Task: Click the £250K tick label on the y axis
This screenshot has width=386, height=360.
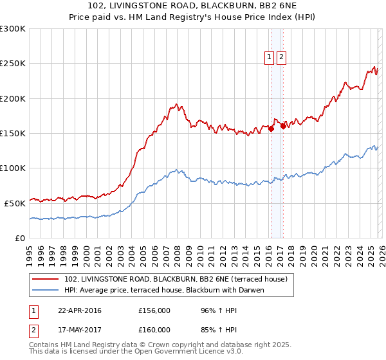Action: coord(13,64)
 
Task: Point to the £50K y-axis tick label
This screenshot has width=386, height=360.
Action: coord(15,203)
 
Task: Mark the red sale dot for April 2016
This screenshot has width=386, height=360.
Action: coord(271,129)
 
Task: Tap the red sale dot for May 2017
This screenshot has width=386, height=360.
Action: coord(283,126)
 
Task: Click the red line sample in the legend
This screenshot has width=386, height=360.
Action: coord(46,279)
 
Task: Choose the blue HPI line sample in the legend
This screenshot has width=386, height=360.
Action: coord(46,290)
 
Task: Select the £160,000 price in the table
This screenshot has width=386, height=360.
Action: coord(154,330)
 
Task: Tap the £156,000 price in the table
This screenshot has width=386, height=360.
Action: coord(154,310)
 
